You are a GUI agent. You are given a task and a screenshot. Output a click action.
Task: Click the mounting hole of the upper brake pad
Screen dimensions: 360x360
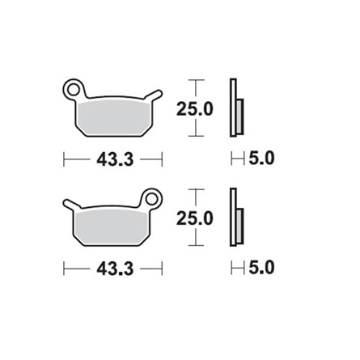(74, 86)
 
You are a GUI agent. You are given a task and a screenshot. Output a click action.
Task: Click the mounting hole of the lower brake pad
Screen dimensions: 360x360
(151, 196)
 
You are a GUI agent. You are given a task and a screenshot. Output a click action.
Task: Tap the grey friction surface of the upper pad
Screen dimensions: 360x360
(113, 115)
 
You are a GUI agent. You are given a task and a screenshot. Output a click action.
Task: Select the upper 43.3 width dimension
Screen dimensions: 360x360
(115, 159)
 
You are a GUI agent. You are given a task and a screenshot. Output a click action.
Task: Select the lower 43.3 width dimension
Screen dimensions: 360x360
(115, 268)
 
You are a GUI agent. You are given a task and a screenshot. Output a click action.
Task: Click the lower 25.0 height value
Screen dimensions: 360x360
(197, 218)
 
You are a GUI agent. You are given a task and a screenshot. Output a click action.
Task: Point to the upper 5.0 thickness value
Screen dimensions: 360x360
(261, 159)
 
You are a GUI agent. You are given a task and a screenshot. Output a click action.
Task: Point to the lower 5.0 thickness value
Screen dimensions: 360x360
(261, 268)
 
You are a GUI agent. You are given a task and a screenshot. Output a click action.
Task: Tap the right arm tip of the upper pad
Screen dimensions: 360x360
(159, 93)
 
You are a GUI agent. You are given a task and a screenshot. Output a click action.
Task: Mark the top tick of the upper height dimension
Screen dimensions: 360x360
(197, 80)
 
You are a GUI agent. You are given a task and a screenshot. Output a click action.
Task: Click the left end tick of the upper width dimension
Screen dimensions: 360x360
(65, 159)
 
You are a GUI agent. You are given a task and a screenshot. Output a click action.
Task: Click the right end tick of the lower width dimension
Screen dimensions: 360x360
(163, 268)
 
